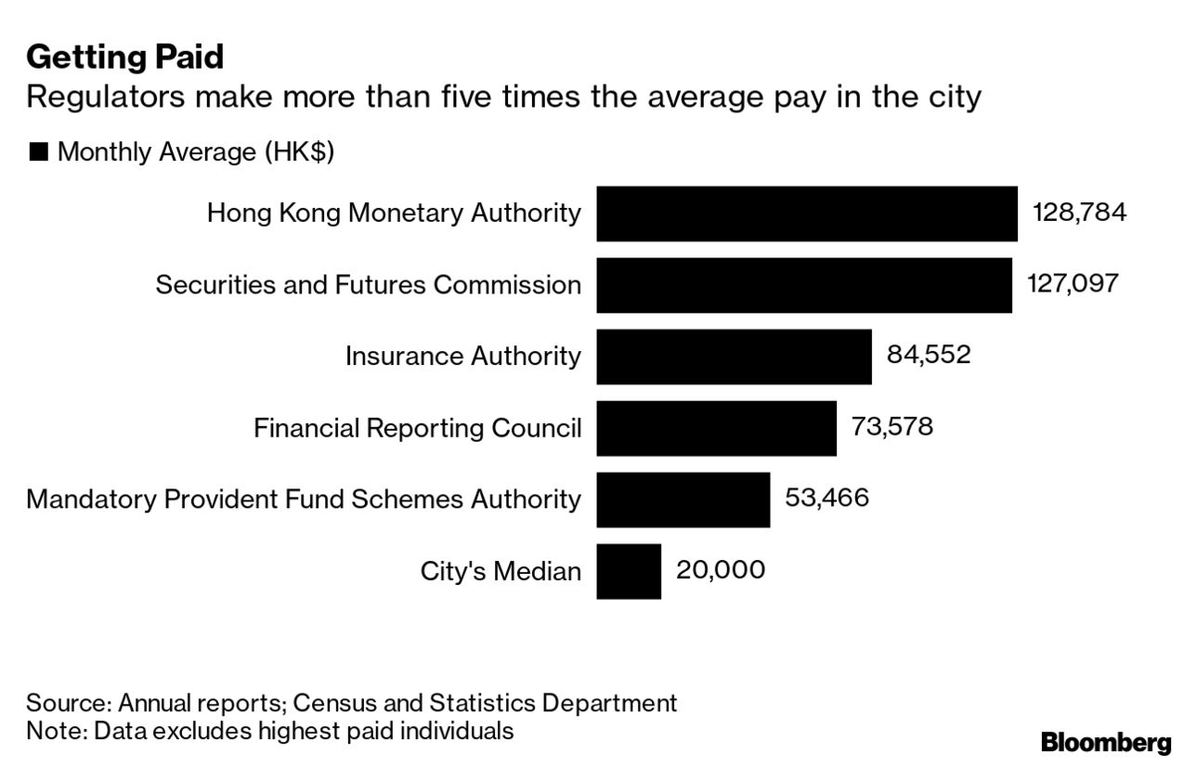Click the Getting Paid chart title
[x=124, y=58]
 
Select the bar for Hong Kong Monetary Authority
[x=806, y=214]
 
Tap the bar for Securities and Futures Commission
[x=803, y=285]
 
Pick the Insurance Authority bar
[x=734, y=357]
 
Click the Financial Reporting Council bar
[x=716, y=428]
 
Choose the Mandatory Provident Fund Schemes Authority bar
[x=683, y=500]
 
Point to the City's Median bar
[x=629, y=571]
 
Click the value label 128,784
[x=1079, y=213]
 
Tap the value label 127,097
[x=1073, y=283]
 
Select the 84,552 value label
[x=928, y=355]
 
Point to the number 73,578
[x=891, y=426]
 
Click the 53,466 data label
[x=826, y=498]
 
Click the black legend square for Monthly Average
[x=38, y=152]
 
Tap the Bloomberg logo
[x=1106, y=743]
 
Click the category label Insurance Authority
[x=462, y=357]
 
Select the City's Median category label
[x=501, y=571]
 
